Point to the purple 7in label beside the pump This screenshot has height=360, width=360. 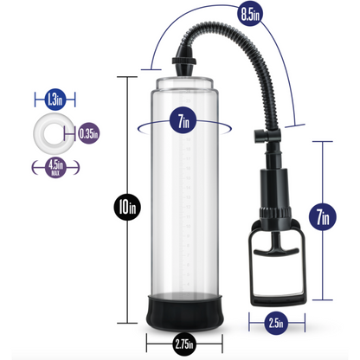pyautogui.click(x=322, y=216)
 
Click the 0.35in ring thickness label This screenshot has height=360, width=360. pyautogui.click(x=87, y=133)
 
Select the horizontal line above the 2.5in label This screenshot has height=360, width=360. pyautogui.click(x=273, y=308)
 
